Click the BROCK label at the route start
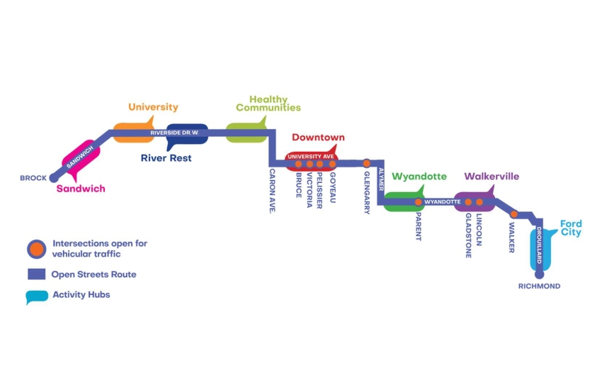coord(33,178)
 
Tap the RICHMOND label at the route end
coord(539,286)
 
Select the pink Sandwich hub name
coord(81,189)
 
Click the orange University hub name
coord(153,107)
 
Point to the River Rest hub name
coord(166,158)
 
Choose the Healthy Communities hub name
coord(268,104)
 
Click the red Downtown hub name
coord(318,138)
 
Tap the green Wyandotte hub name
coord(419,176)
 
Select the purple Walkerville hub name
coord(492,176)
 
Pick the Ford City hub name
coord(571,228)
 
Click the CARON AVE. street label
coord(272,191)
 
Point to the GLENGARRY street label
coord(367,192)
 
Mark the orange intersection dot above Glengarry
coord(367,164)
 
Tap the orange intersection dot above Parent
coord(419,202)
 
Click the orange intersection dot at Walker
coord(514,214)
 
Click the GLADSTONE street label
coord(468,235)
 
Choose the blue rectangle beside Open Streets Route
coord(37,274)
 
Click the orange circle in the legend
coord(37,249)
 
